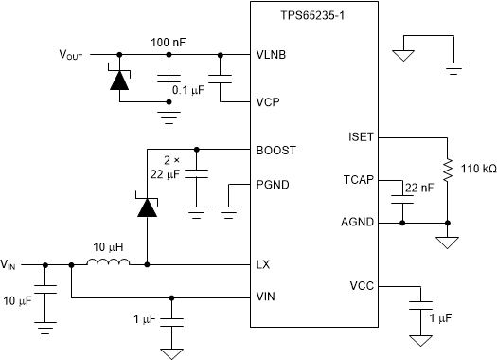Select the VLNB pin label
click(272, 55)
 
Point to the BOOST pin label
click(275, 150)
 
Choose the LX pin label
click(263, 264)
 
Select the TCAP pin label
click(364, 178)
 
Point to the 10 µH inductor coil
click(108, 264)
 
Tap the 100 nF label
click(169, 44)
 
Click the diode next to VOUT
click(118, 81)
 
